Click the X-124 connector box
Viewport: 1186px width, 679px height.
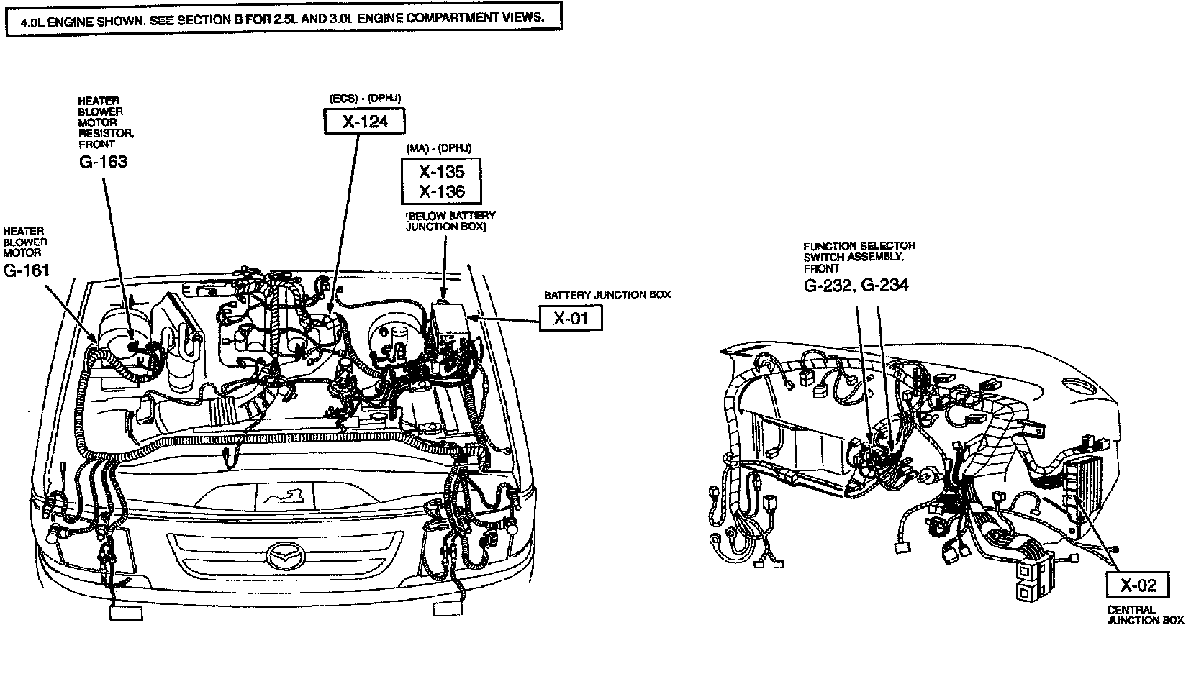point(365,122)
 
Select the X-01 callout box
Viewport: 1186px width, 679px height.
point(570,318)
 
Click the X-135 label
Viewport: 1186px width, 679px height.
point(442,172)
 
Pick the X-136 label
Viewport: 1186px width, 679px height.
point(442,191)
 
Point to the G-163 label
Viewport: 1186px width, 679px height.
point(103,161)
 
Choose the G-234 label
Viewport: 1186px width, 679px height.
point(884,285)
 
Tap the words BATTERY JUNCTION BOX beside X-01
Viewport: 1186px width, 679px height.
point(607,295)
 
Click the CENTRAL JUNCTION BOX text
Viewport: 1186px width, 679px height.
point(1145,615)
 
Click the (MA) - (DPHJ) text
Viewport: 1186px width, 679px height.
point(438,147)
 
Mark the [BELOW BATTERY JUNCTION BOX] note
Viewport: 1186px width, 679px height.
point(451,220)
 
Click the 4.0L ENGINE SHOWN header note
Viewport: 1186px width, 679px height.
point(282,18)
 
